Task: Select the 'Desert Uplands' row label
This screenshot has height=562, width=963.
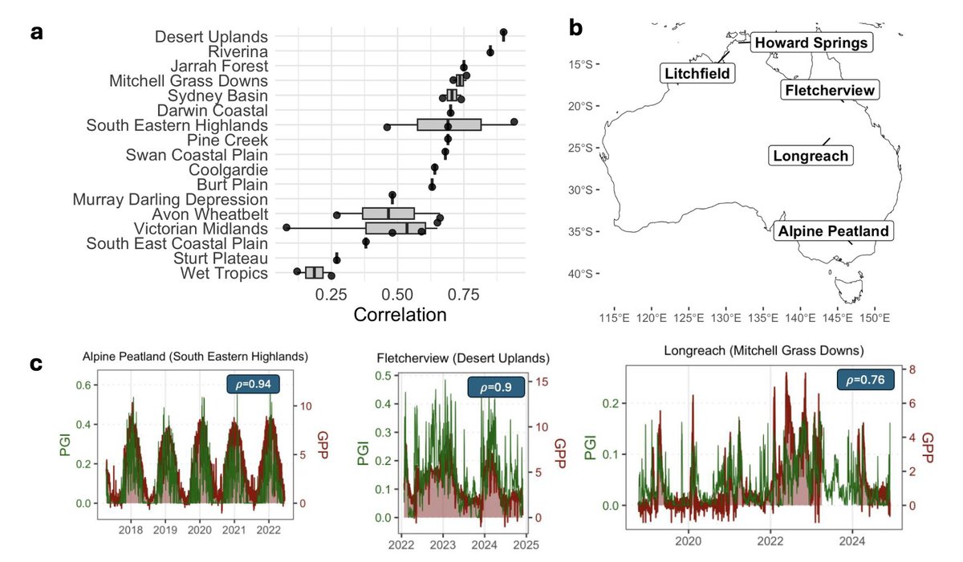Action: pos(212,36)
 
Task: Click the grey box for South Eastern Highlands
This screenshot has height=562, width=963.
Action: pos(449,124)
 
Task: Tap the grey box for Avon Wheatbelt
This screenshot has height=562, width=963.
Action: pos(388,214)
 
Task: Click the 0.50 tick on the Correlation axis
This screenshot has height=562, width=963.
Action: pos(397,295)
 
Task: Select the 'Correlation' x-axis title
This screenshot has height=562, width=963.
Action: pos(400,316)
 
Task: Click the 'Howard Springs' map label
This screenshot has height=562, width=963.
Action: pos(811,43)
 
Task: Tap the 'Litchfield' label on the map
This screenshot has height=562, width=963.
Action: pos(697,74)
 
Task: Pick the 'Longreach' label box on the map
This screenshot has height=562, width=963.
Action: pos(810,156)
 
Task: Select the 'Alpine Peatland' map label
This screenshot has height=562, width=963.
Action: pos(834,232)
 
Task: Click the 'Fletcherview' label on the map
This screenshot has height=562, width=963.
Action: pos(829,90)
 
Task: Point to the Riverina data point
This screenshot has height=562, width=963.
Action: pos(490,51)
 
